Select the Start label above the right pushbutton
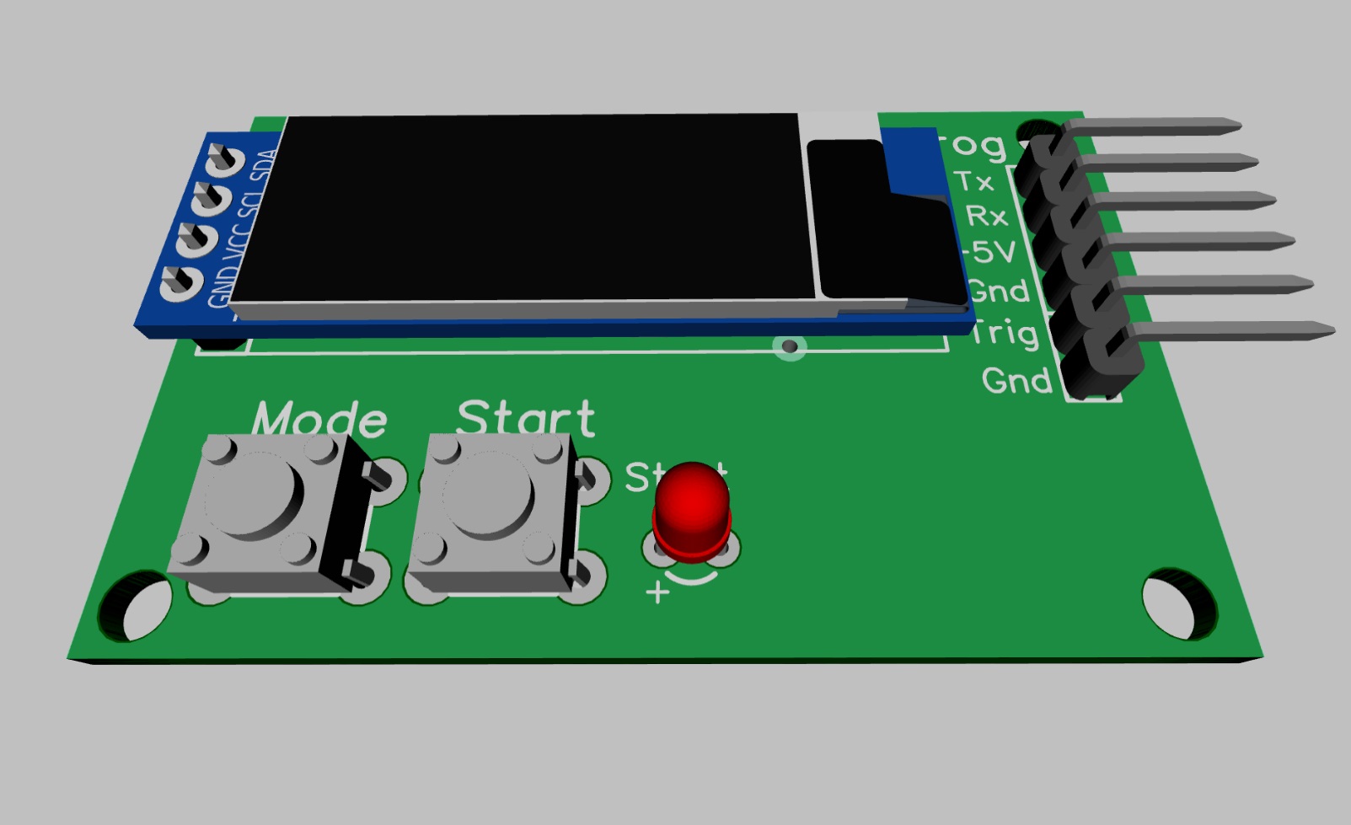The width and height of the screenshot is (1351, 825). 526,418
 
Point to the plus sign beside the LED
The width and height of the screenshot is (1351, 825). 657,593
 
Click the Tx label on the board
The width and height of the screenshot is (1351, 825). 975,181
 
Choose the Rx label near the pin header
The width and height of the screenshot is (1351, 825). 986,217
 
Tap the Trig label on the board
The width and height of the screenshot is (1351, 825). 1003,334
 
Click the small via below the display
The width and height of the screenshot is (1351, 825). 789,346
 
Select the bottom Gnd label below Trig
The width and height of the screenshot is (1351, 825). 1017,381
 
